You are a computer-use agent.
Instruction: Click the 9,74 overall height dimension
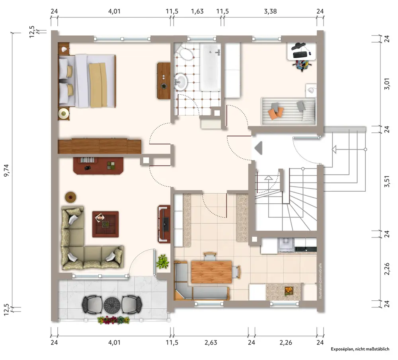pyautogui.click(x=7, y=170)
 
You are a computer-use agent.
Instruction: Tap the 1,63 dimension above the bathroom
pyautogui.click(x=197, y=12)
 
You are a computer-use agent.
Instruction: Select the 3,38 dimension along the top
pyautogui.click(x=270, y=12)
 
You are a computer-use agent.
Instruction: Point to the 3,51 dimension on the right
pyautogui.click(x=387, y=181)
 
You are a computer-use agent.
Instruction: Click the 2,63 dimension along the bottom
pyautogui.click(x=211, y=342)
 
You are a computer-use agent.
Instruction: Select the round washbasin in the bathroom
pyautogui.click(x=180, y=82)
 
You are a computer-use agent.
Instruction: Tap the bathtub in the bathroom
pyautogui.click(x=211, y=67)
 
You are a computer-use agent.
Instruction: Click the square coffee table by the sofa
pyautogui.click(x=105, y=224)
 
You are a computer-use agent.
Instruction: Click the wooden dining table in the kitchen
pyautogui.click(x=211, y=272)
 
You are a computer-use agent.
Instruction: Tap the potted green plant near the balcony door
pyautogui.click(x=162, y=262)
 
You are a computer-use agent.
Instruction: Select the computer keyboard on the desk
pyautogui.click(x=300, y=54)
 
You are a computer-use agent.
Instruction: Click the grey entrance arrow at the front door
pyautogui.click(x=258, y=148)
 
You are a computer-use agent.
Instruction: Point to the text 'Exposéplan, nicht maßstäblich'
pyautogui.click(x=360, y=349)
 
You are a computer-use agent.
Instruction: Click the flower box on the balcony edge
pyautogui.click(x=113, y=320)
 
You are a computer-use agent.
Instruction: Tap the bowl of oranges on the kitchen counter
pyautogui.click(x=289, y=290)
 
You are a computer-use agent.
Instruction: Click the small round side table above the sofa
pyautogui.click(x=70, y=197)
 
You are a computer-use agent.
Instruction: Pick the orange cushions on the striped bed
pyautogui.click(x=276, y=113)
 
